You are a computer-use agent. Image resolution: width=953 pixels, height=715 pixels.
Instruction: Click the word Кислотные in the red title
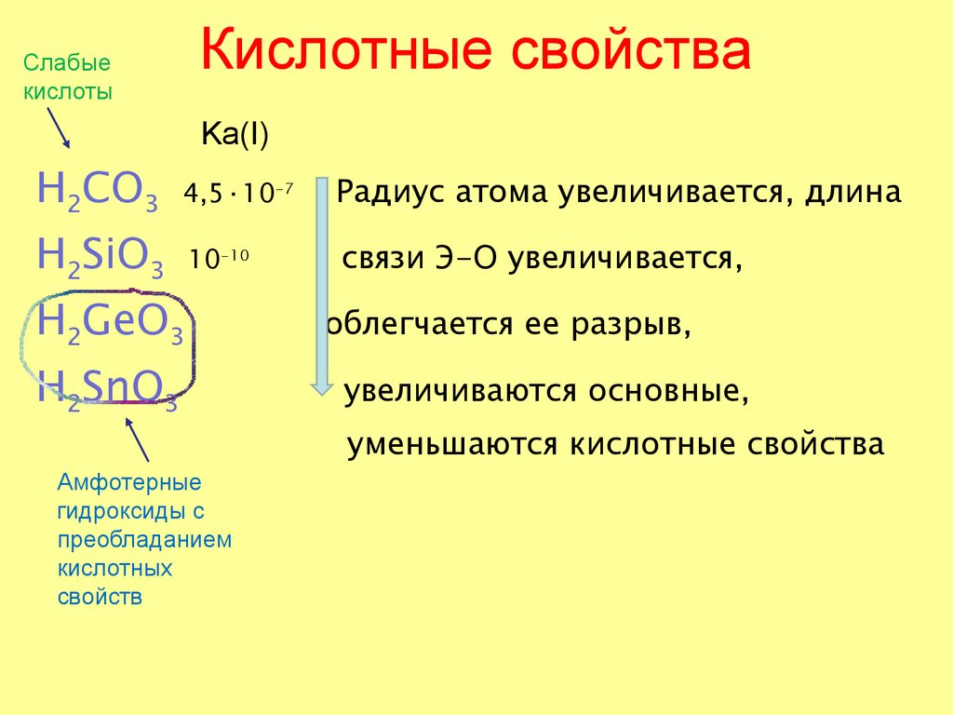(x=344, y=53)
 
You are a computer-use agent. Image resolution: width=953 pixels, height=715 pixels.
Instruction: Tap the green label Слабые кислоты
(x=67, y=77)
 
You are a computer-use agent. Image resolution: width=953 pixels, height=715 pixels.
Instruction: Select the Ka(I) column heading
(x=235, y=137)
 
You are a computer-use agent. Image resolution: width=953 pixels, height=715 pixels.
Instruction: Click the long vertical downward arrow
(x=321, y=284)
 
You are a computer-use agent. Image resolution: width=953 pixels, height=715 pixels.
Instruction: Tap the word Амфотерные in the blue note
(x=129, y=483)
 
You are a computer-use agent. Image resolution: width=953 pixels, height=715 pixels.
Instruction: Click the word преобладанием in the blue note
(x=143, y=539)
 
